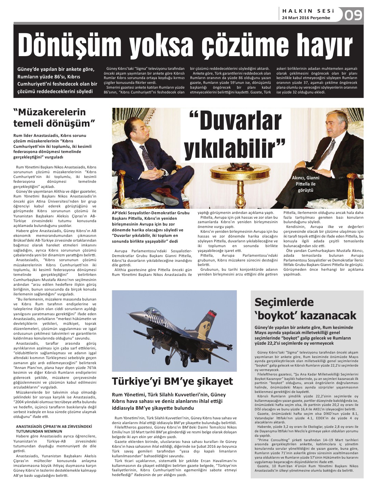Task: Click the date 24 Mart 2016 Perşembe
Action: pos(306,18)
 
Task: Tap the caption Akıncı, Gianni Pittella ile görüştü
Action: pos(305,184)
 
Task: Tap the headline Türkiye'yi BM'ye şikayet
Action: pos(172,381)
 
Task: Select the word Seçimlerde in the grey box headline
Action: pos(284,302)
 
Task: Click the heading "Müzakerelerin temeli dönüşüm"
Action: pos(54,117)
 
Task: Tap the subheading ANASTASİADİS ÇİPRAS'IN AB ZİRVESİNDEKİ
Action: pos(54,426)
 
